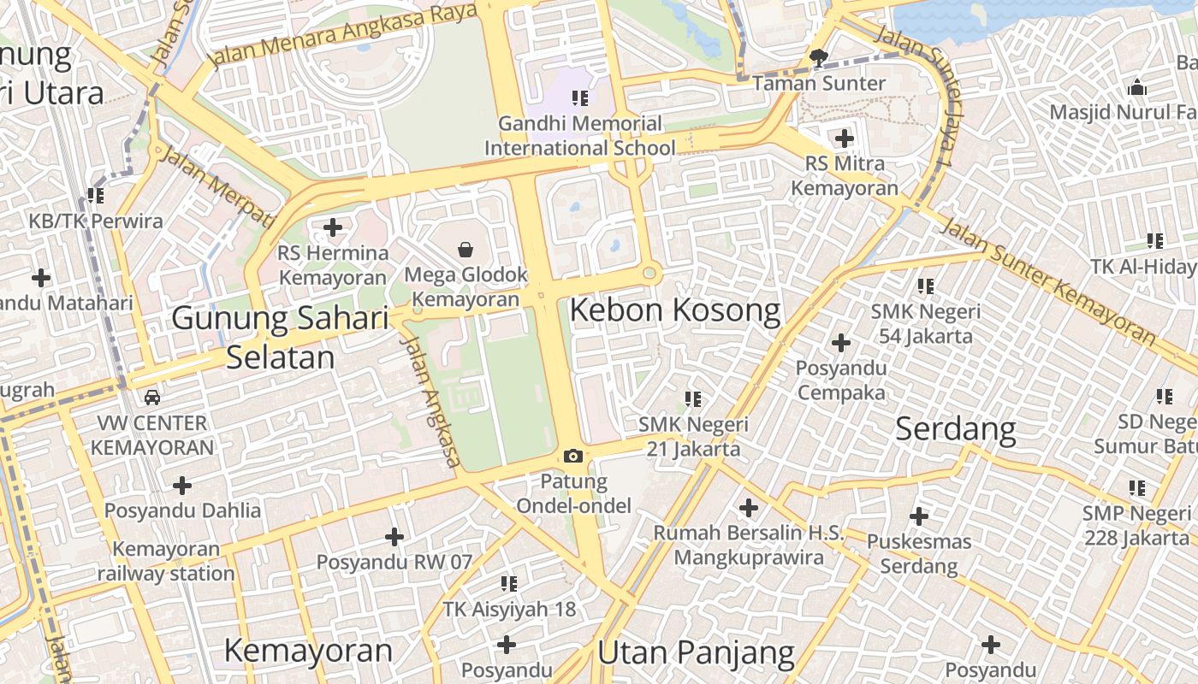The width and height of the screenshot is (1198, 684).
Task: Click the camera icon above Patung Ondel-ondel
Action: [x=573, y=457]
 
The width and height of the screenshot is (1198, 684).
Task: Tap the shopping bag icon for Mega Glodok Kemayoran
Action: [x=466, y=250]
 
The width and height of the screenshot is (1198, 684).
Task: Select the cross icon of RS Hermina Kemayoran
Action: [x=333, y=227]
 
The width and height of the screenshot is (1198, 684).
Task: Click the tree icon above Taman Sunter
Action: [x=819, y=58]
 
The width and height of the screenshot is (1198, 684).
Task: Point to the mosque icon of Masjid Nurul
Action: [x=1137, y=87]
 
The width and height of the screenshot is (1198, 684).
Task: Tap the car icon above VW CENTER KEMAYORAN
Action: [x=151, y=398]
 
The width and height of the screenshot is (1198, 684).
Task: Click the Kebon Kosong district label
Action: [x=675, y=310]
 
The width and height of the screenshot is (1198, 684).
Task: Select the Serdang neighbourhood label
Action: [x=955, y=428]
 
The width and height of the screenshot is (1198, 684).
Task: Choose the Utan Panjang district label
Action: [x=696, y=653]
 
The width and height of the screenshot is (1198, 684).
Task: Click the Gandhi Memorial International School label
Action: [x=580, y=136]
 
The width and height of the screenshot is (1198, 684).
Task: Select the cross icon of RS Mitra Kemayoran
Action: [x=845, y=138]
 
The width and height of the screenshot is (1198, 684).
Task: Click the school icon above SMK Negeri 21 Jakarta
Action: [x=693, y=398]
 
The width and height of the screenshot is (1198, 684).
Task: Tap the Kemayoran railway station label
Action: [x=165, y=561]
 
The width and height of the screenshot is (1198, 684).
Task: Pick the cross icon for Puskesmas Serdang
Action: [x=919, y=516]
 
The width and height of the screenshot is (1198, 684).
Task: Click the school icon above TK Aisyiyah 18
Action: [x=509, y=584]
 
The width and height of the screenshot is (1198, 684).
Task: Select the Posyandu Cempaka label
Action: [x=840, y=380]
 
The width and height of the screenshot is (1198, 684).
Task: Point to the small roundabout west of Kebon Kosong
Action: [x=649, y=274]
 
